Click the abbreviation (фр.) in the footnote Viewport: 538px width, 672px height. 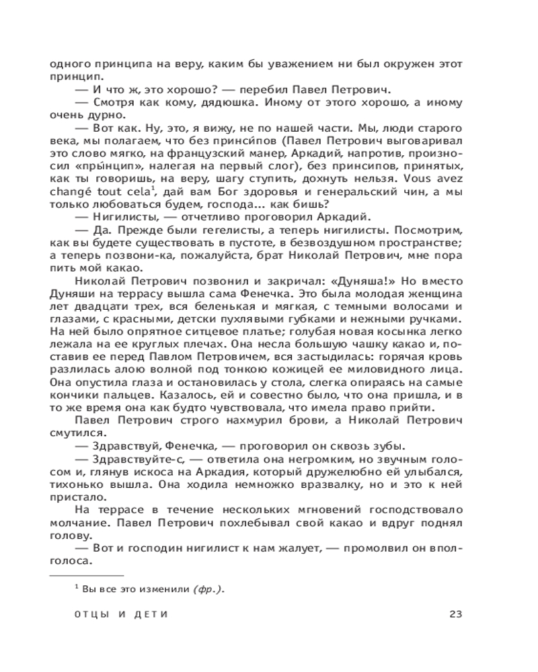208,589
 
